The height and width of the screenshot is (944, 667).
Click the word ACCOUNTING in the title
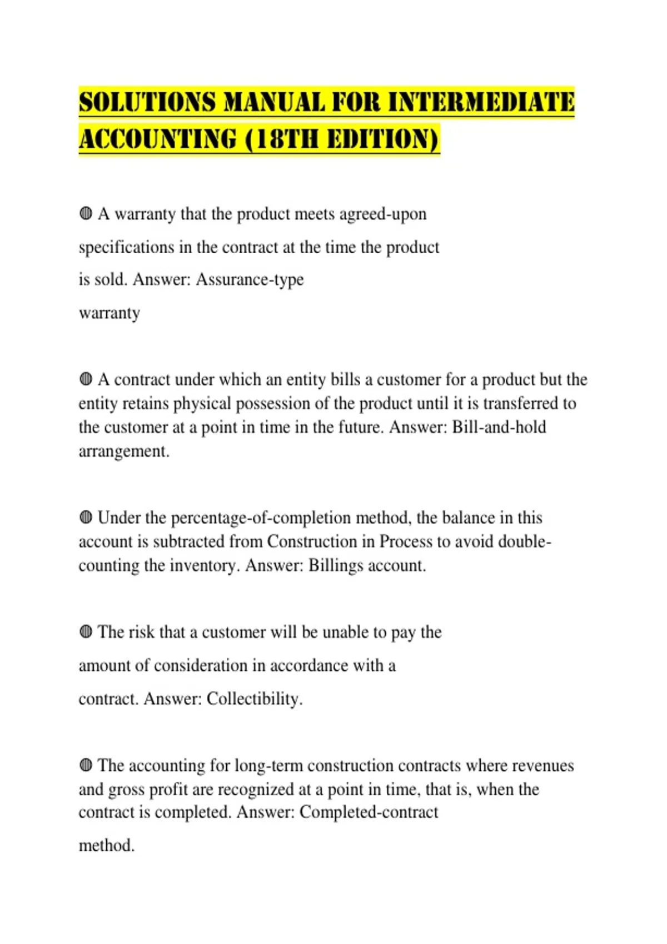157,139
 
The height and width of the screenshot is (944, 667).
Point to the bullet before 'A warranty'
86,214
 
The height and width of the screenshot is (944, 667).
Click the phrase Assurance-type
250,279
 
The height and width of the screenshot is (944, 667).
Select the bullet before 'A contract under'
86,379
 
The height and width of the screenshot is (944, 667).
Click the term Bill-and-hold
499,427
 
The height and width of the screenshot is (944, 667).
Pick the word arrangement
123,451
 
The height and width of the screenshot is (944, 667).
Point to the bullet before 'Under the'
86,518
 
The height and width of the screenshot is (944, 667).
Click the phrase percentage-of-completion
261,518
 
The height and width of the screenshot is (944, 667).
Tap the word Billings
336,565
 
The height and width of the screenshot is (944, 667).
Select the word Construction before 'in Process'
312,541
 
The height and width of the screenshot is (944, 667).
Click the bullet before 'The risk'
86,632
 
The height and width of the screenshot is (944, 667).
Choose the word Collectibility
254,699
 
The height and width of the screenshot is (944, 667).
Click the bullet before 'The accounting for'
86,765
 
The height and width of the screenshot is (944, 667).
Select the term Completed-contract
369,812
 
